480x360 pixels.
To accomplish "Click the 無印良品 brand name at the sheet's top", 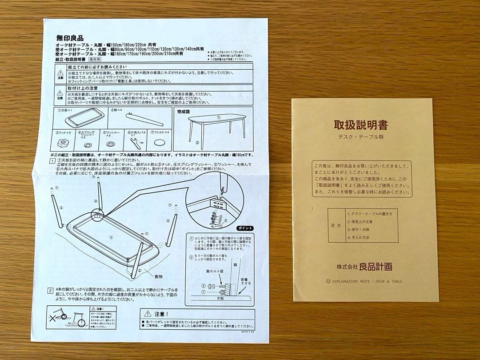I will tap(70, 38).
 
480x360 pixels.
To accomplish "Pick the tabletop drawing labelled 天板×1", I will tap(85, 118).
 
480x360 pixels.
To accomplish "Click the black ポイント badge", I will tap(244, 228).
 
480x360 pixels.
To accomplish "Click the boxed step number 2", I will tap(51, 291).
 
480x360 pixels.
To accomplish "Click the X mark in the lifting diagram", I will tap(54, 318).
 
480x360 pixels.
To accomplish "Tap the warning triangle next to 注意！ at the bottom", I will tap(148, 313).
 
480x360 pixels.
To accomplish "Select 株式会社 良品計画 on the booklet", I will tap(364, 267).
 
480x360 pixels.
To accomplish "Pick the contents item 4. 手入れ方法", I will tap(358, 237).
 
